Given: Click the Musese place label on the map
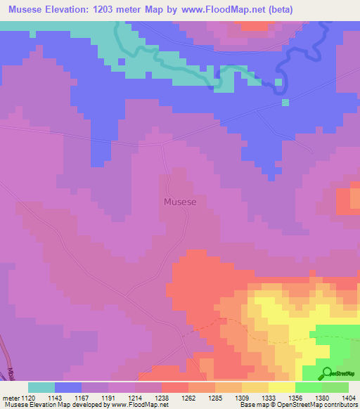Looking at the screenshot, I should (180, 202).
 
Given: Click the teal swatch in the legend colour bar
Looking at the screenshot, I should (41, 387).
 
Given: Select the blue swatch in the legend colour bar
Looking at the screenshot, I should (68, 387).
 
